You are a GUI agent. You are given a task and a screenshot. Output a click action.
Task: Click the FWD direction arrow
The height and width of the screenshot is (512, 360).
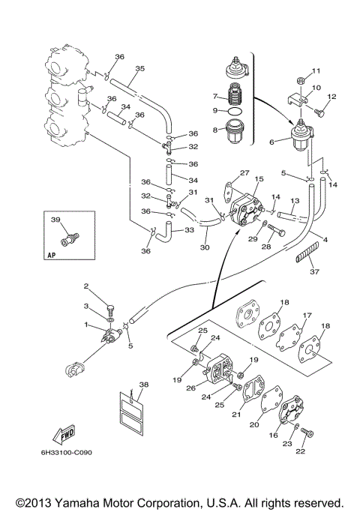pyautogui.click(x=64, y=435)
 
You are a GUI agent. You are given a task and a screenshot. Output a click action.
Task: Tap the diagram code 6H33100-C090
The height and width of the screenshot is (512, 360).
pyautogui.click(x=66, y=453)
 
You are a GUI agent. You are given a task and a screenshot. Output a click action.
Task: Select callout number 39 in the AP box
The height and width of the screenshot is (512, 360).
pyautogui.click(x=55, y=220)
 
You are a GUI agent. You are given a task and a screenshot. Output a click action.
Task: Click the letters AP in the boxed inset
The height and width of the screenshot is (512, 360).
pyautogui.click(x=52, y=255)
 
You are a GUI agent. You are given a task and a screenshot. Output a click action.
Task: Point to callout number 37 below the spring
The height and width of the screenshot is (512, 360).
pyautogui.click(x=314, y=271)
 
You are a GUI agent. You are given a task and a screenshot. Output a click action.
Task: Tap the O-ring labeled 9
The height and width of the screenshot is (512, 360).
pyautogui.click(x=235, y=111)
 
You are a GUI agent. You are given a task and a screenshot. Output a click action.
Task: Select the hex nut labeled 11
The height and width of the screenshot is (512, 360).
pyautogui.click(x=301, y=80)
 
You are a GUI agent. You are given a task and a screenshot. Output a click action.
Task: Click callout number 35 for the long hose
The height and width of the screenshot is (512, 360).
pyautogui.click(x=139, y=68)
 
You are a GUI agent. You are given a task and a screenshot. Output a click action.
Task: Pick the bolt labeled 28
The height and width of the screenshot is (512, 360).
pyautogui.click(x=276, y=229)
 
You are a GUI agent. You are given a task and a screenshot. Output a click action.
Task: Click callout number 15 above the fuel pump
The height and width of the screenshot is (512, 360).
pyautogui.click(x=259, y=179)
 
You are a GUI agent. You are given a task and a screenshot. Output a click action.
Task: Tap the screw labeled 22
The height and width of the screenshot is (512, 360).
pyautogui.click(x=307, y=433)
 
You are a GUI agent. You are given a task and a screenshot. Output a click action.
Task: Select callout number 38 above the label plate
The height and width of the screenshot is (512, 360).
pyautogui.click(x=144, y=385)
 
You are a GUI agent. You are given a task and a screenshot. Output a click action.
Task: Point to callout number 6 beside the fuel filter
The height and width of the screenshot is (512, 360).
pyautogui.click(x=271, y=142)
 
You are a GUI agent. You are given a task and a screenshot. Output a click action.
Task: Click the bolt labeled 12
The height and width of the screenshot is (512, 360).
pyautogui.click(x=319, y=113)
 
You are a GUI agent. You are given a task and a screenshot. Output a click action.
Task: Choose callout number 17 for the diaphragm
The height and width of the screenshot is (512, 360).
pyautogui.click(x=307, y=316)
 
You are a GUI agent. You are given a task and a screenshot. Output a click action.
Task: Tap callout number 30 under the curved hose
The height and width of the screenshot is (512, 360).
pyautogui.click(x=205, y=247)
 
